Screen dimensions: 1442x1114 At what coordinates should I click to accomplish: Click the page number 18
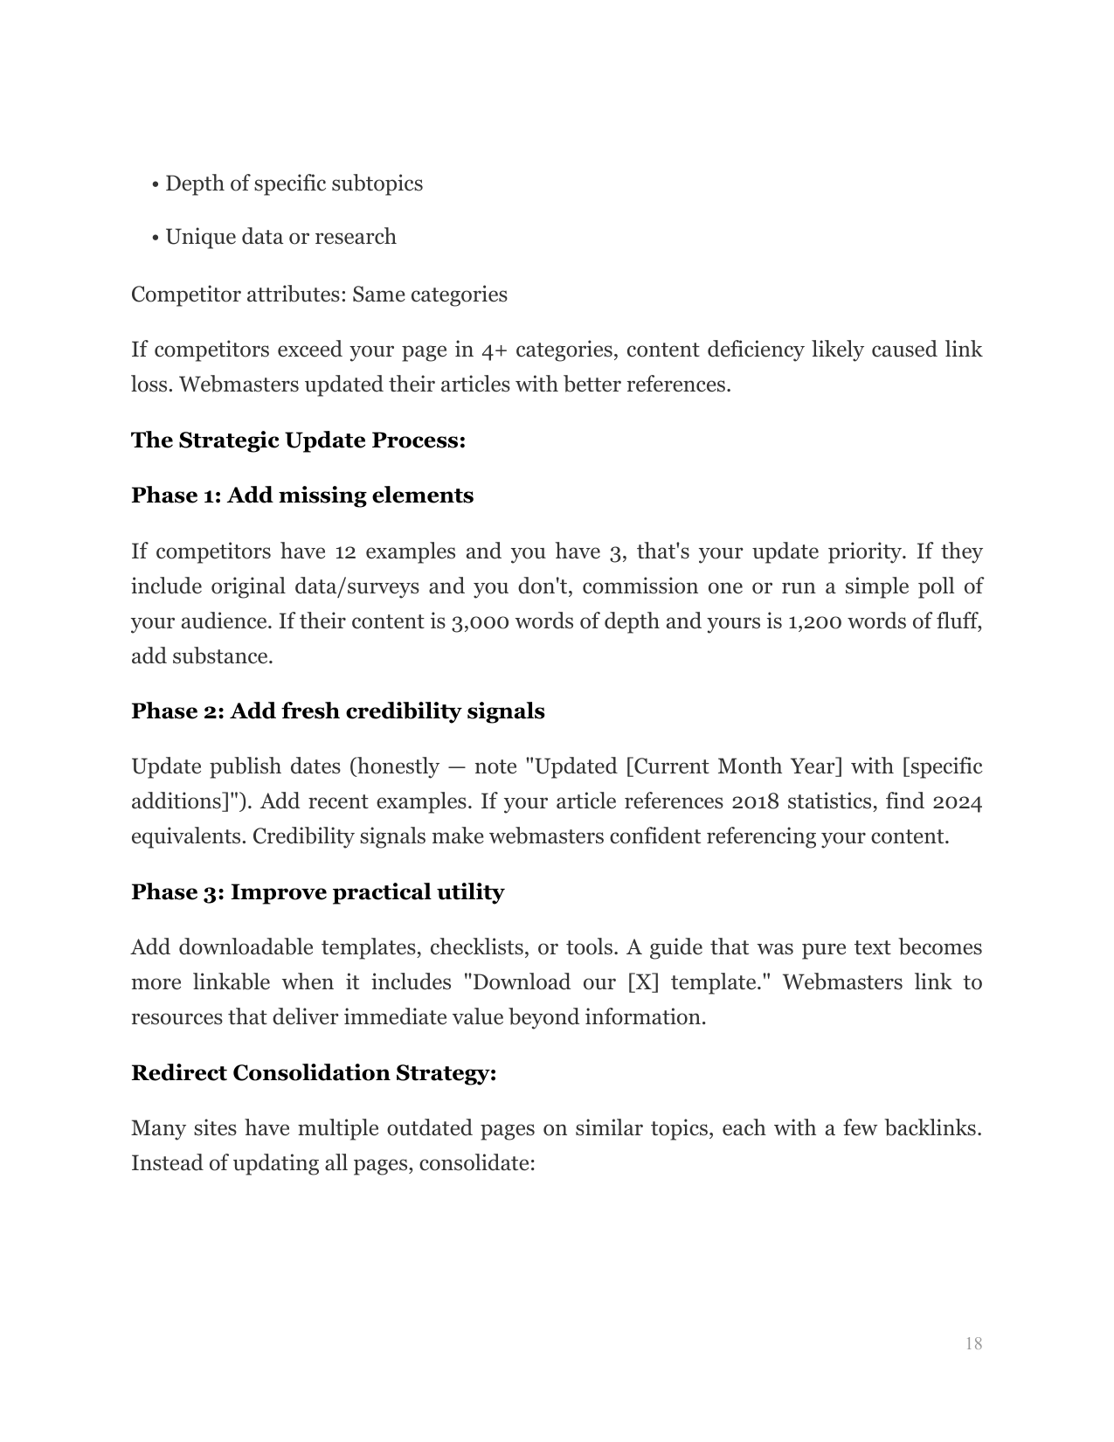973,1343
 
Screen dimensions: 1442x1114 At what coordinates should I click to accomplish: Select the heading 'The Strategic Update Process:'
298,440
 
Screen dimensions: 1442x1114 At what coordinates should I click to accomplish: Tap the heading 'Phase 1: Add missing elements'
302,496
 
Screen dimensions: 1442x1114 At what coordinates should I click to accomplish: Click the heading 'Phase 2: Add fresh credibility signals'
337,711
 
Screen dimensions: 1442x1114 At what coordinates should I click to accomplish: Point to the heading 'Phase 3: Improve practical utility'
317,892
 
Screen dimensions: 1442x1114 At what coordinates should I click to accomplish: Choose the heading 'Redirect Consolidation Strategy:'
314,1073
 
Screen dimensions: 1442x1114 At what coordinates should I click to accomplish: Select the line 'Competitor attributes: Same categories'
319,295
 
